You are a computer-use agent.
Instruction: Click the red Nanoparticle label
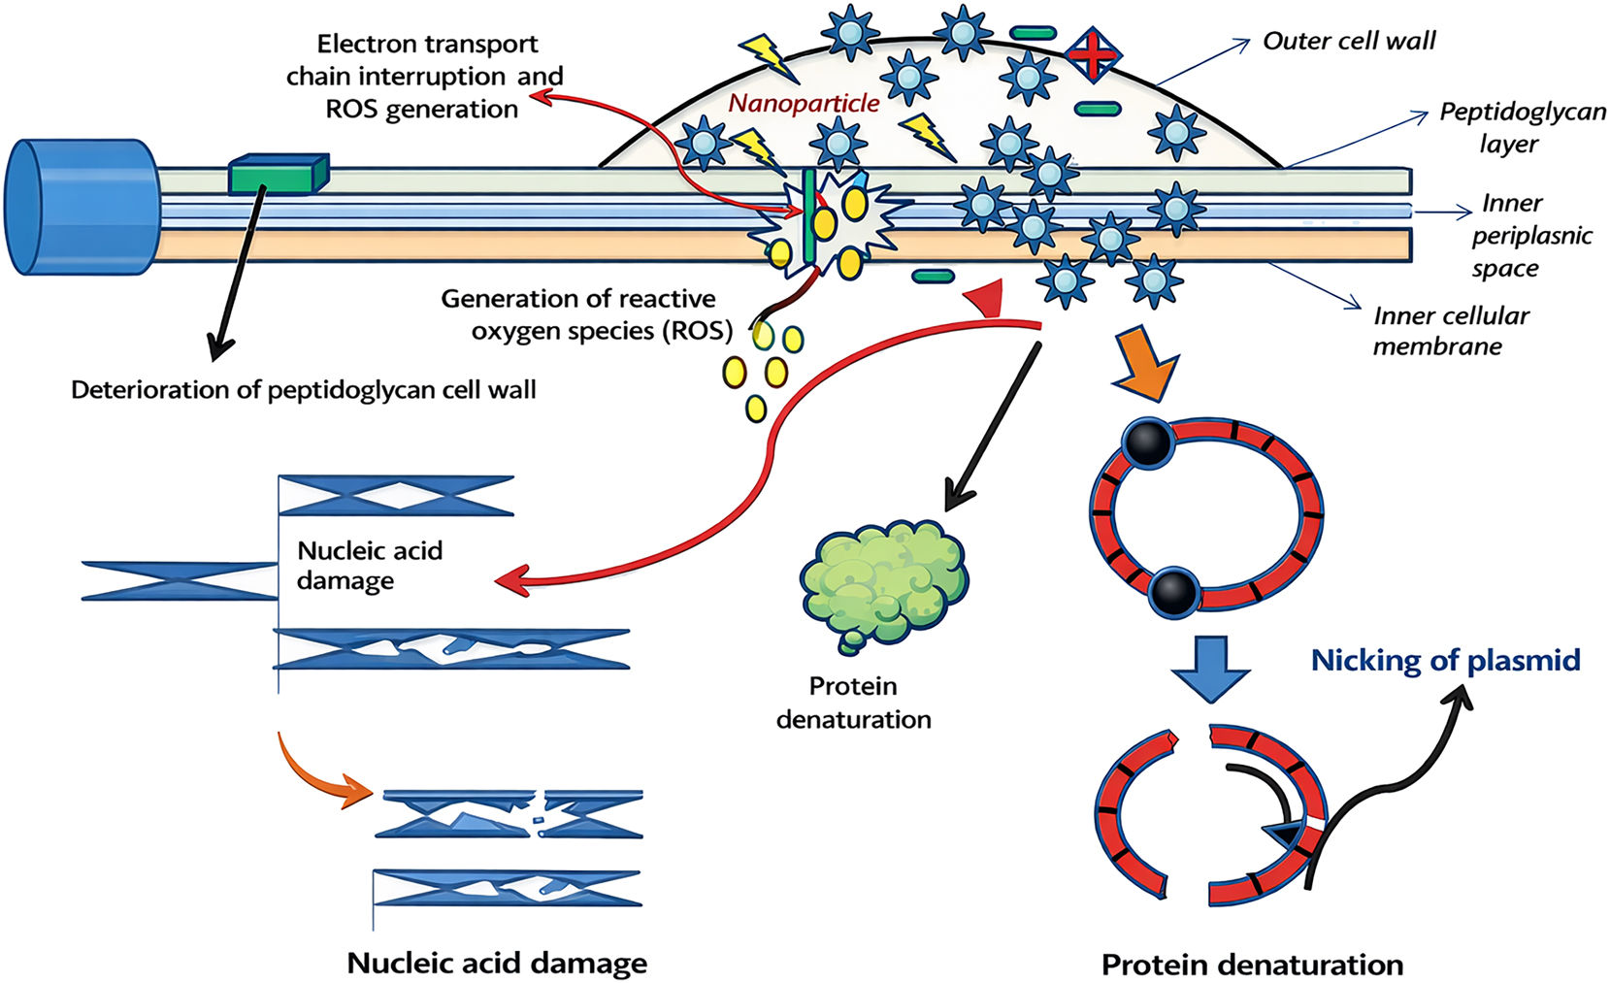pos(804,103)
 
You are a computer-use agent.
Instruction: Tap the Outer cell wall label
pos(1348,41)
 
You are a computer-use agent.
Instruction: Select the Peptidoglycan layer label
pos(1521,127)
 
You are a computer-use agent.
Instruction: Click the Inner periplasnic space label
pos(1529,236)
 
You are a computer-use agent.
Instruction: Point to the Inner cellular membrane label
pos(1450,331)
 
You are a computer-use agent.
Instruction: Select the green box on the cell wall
pos(279,175)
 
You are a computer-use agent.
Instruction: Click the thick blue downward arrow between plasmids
pos(1210,668)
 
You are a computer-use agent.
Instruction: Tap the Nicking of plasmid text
pos(1445,660)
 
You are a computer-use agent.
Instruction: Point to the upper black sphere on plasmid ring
pos(1148,443)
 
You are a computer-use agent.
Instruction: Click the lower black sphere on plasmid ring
pos(1174,591)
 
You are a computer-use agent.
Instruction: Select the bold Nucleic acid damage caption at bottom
pos(497,963)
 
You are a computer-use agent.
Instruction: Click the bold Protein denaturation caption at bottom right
pos(1252,965)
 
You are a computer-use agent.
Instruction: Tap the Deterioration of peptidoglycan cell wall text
pos(303,390)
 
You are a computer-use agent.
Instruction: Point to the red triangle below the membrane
pos(987,299)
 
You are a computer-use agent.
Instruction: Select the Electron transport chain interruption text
pos(425,76)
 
